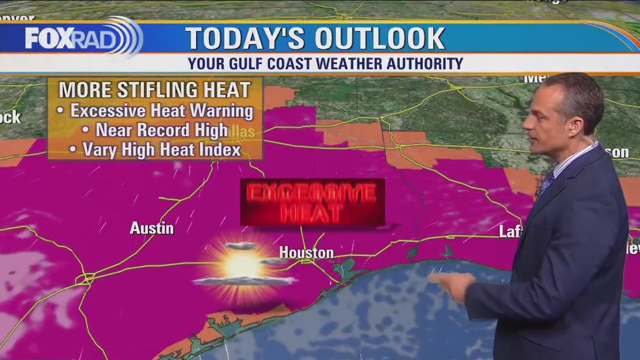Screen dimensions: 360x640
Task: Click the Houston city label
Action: point(306,253)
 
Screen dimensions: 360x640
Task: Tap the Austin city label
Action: point(151,228)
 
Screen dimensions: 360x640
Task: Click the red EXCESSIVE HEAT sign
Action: point(312,202)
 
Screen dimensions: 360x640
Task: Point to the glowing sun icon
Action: point(243,266)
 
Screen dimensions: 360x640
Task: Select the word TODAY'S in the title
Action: point(245,39)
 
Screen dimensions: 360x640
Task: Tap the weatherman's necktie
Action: point(547,183)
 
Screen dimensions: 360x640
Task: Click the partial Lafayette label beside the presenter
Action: point(510,231)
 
